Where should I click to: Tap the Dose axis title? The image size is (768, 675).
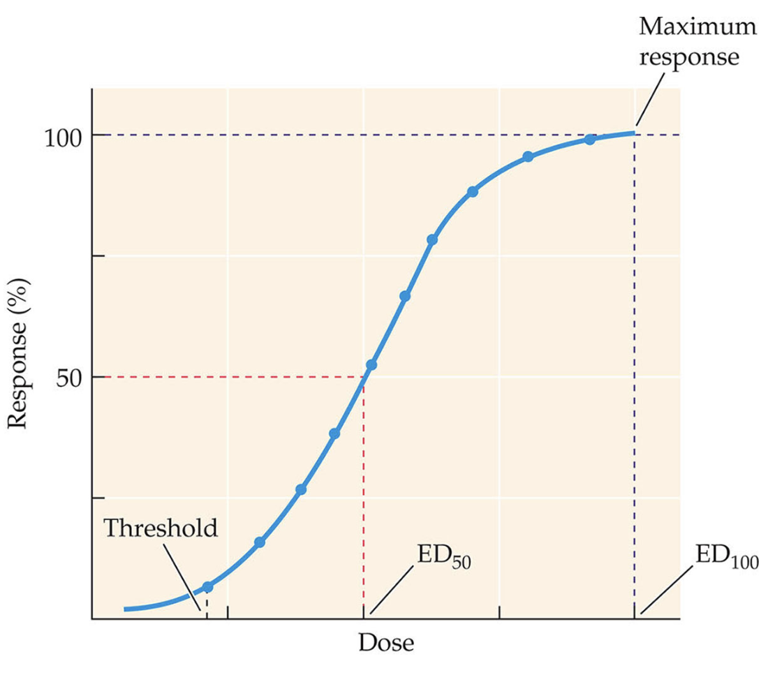click(386, 642)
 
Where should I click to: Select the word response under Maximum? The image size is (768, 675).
click(689, 57)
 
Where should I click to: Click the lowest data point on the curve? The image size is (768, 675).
click(207, 588)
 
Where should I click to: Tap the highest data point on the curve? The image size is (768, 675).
click(589, 140)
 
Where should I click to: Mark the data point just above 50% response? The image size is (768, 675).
click(371, 365)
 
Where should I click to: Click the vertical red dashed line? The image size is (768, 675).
click(364, 489)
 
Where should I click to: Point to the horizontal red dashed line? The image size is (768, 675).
click(223, 377)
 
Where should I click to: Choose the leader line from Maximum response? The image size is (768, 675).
click(649, 107)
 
